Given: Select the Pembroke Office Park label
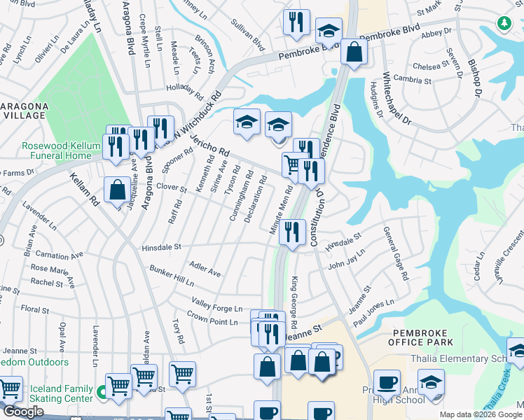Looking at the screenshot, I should coord(422,337).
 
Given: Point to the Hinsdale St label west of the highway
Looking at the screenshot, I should coord(161,247).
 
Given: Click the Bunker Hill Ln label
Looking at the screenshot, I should coord(172,274).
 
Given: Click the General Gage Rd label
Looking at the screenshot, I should coord(395,253).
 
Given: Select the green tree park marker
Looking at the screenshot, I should coord(504,24).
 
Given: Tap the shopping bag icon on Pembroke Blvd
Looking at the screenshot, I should coord(354,50).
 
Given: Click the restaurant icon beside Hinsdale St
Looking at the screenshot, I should coord(292,231).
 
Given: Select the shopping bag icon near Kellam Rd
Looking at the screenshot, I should coord(116,189).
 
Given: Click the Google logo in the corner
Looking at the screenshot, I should coord(23,412).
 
